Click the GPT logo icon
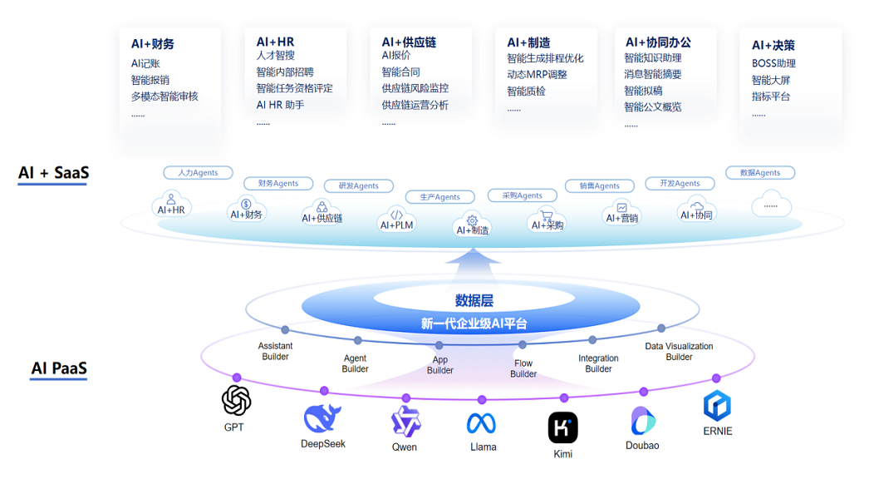pos(236,400)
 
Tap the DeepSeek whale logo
pos(322,417)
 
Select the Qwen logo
pos(405,421)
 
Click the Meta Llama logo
pos(482,423)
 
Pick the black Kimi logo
pos(562,427)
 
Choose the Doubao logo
pos(642,421)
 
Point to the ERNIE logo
pos(717,406)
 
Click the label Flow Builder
pos(523,368)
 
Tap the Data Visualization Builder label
pos(679,352)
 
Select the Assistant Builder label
pos(275,351)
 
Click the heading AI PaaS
pos(59,368)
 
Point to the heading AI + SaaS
pos(53,173)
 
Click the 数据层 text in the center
pos(474,301)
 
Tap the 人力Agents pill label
pos(191,173)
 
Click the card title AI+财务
pos(153,44)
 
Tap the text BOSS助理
pos(773,63)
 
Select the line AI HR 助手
pos(280,105)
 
